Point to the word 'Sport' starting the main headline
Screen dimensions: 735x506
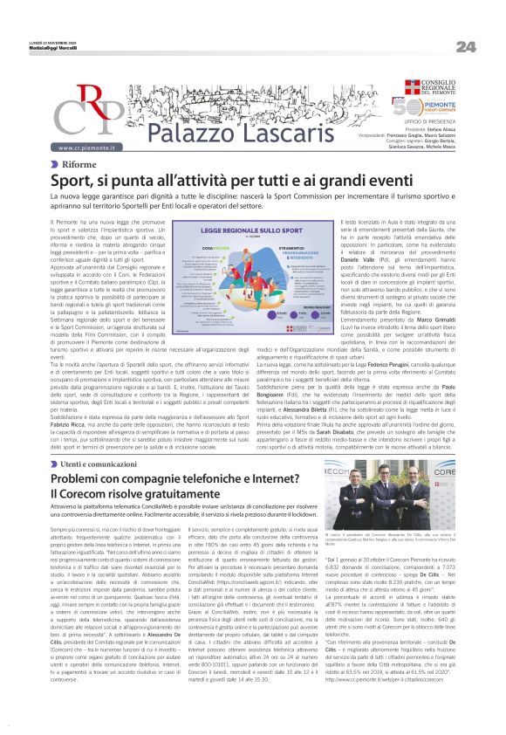[x=76, y=181]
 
